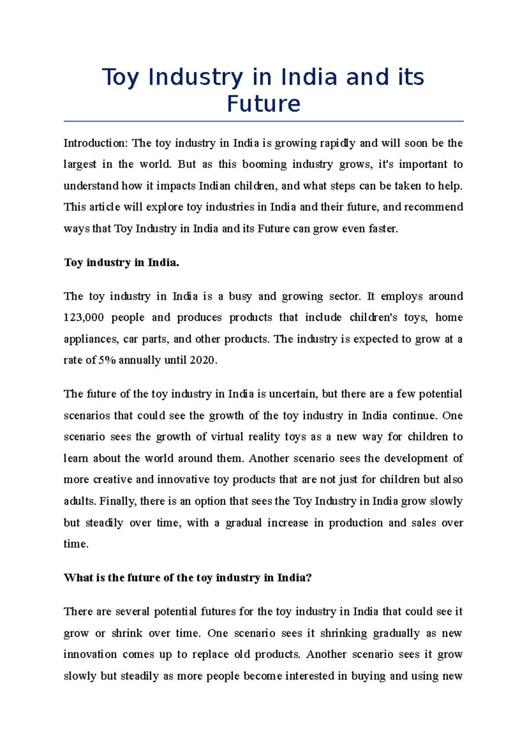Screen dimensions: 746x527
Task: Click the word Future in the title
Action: click(263, 104)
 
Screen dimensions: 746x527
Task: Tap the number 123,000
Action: click(83, 318)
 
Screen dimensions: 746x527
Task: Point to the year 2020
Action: click(202, 361)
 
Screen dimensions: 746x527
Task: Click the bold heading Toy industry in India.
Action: click(122, 263)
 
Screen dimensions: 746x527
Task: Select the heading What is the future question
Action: click(188, 578)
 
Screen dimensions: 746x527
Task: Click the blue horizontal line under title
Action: click(263, 121)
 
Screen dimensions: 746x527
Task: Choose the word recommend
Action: click(433, 207)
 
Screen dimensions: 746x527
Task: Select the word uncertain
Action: click(293, 394)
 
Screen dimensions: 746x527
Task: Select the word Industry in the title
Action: click(195, 77)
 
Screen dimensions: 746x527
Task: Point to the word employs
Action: click(401, 297)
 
